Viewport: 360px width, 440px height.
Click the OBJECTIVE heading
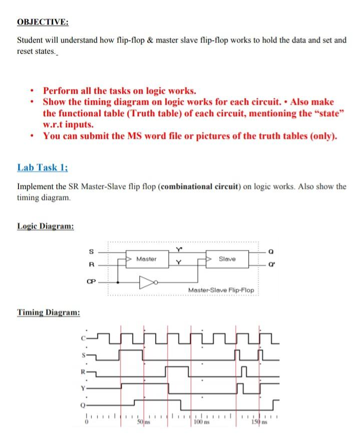click(43, 22)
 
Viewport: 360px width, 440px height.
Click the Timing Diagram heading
click(49, 313)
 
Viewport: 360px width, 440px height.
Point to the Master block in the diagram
click(146, 259)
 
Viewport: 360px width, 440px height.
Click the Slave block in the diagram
click(227, 259)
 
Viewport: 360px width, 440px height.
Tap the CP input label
click(90, 281)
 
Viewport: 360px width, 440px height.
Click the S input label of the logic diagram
click(90, 252)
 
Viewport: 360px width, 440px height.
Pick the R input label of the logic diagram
click(90, 265)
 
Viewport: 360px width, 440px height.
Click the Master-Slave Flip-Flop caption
click(221, 290)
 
